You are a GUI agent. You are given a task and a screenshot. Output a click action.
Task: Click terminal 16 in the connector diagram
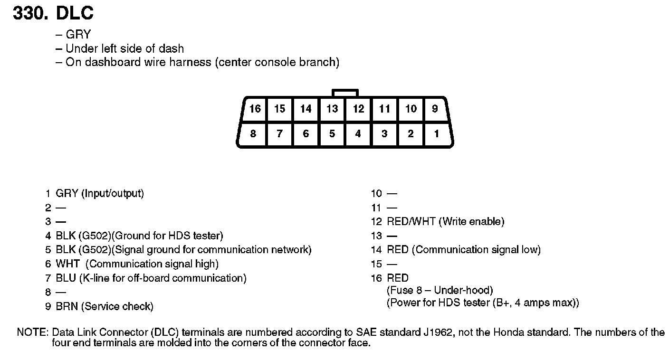(x=255, y=109)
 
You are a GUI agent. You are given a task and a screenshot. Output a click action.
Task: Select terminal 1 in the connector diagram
(x=436, y=134)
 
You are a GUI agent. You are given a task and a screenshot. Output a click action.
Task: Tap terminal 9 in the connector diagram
(x=435, y=109)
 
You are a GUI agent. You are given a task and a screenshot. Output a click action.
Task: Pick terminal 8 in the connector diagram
(x=253, y=134)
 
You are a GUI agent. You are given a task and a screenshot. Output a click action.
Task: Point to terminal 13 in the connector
(x=332, y=109)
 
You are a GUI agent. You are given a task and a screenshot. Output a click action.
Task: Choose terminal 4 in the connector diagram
(x=358, y=134)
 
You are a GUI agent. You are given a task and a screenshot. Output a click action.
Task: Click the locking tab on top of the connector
(x=345, y=93)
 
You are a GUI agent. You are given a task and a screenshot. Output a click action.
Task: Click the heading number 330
(x=30, y=13)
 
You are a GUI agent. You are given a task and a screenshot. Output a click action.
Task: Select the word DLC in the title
(x=75, y=13)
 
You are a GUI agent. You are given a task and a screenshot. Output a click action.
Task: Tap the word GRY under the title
(x=78, y=35)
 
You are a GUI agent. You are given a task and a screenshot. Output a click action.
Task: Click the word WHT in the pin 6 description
(x=67, y=264)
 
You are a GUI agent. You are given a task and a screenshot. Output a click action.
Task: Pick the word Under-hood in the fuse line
(x=463, y=290)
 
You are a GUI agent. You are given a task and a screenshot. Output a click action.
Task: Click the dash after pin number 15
(x=392, y=264)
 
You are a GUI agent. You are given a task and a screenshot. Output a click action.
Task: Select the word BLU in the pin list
(x=66, y=278)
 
